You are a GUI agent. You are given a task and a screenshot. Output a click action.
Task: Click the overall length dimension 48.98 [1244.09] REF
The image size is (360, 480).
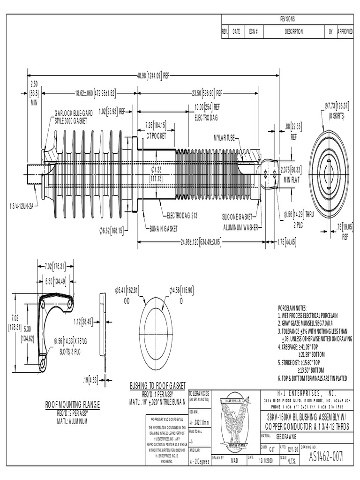pyautogui.click(x=153, y=75)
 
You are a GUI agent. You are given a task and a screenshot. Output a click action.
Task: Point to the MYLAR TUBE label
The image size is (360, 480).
pyautogui.click(x=225, y=138)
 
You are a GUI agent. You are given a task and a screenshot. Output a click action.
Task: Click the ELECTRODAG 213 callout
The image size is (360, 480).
pyautogui.click(x=183, y=217)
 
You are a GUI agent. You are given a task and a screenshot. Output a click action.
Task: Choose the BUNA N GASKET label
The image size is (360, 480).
pyautogui.click(x=164, y=229)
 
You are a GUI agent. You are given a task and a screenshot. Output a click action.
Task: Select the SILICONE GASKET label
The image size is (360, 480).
pyautogui.click(x=237, y=217)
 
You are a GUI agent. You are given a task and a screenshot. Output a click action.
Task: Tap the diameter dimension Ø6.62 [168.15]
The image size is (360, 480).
pyautogui.click(x=112, y=230)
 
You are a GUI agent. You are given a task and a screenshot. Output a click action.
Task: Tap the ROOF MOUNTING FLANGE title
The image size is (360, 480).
pyautogui.click(x=73, y=404)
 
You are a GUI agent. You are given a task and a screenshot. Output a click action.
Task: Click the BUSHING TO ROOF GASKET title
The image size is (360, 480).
pyautogui.click(x=157, y=385)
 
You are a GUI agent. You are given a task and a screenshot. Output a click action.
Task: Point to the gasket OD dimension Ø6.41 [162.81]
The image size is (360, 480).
pyautogui.click(x=127, y=291)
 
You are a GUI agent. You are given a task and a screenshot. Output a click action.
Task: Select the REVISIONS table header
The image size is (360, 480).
pyautogui.click(x=287, y=19)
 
